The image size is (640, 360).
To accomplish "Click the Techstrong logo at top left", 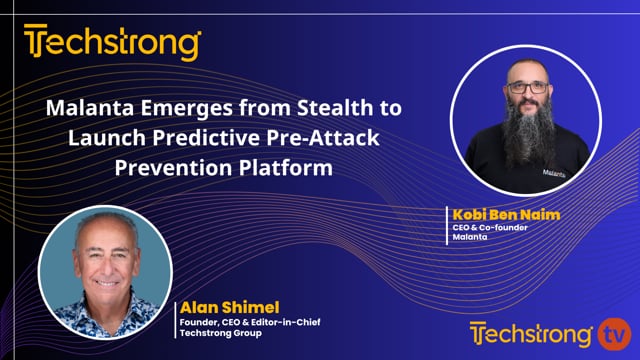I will [112, 43].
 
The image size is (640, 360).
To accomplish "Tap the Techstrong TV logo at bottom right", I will [551, 333].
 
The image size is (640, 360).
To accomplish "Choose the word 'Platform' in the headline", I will [291, 167].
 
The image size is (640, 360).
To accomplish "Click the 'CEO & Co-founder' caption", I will [491, 228].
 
